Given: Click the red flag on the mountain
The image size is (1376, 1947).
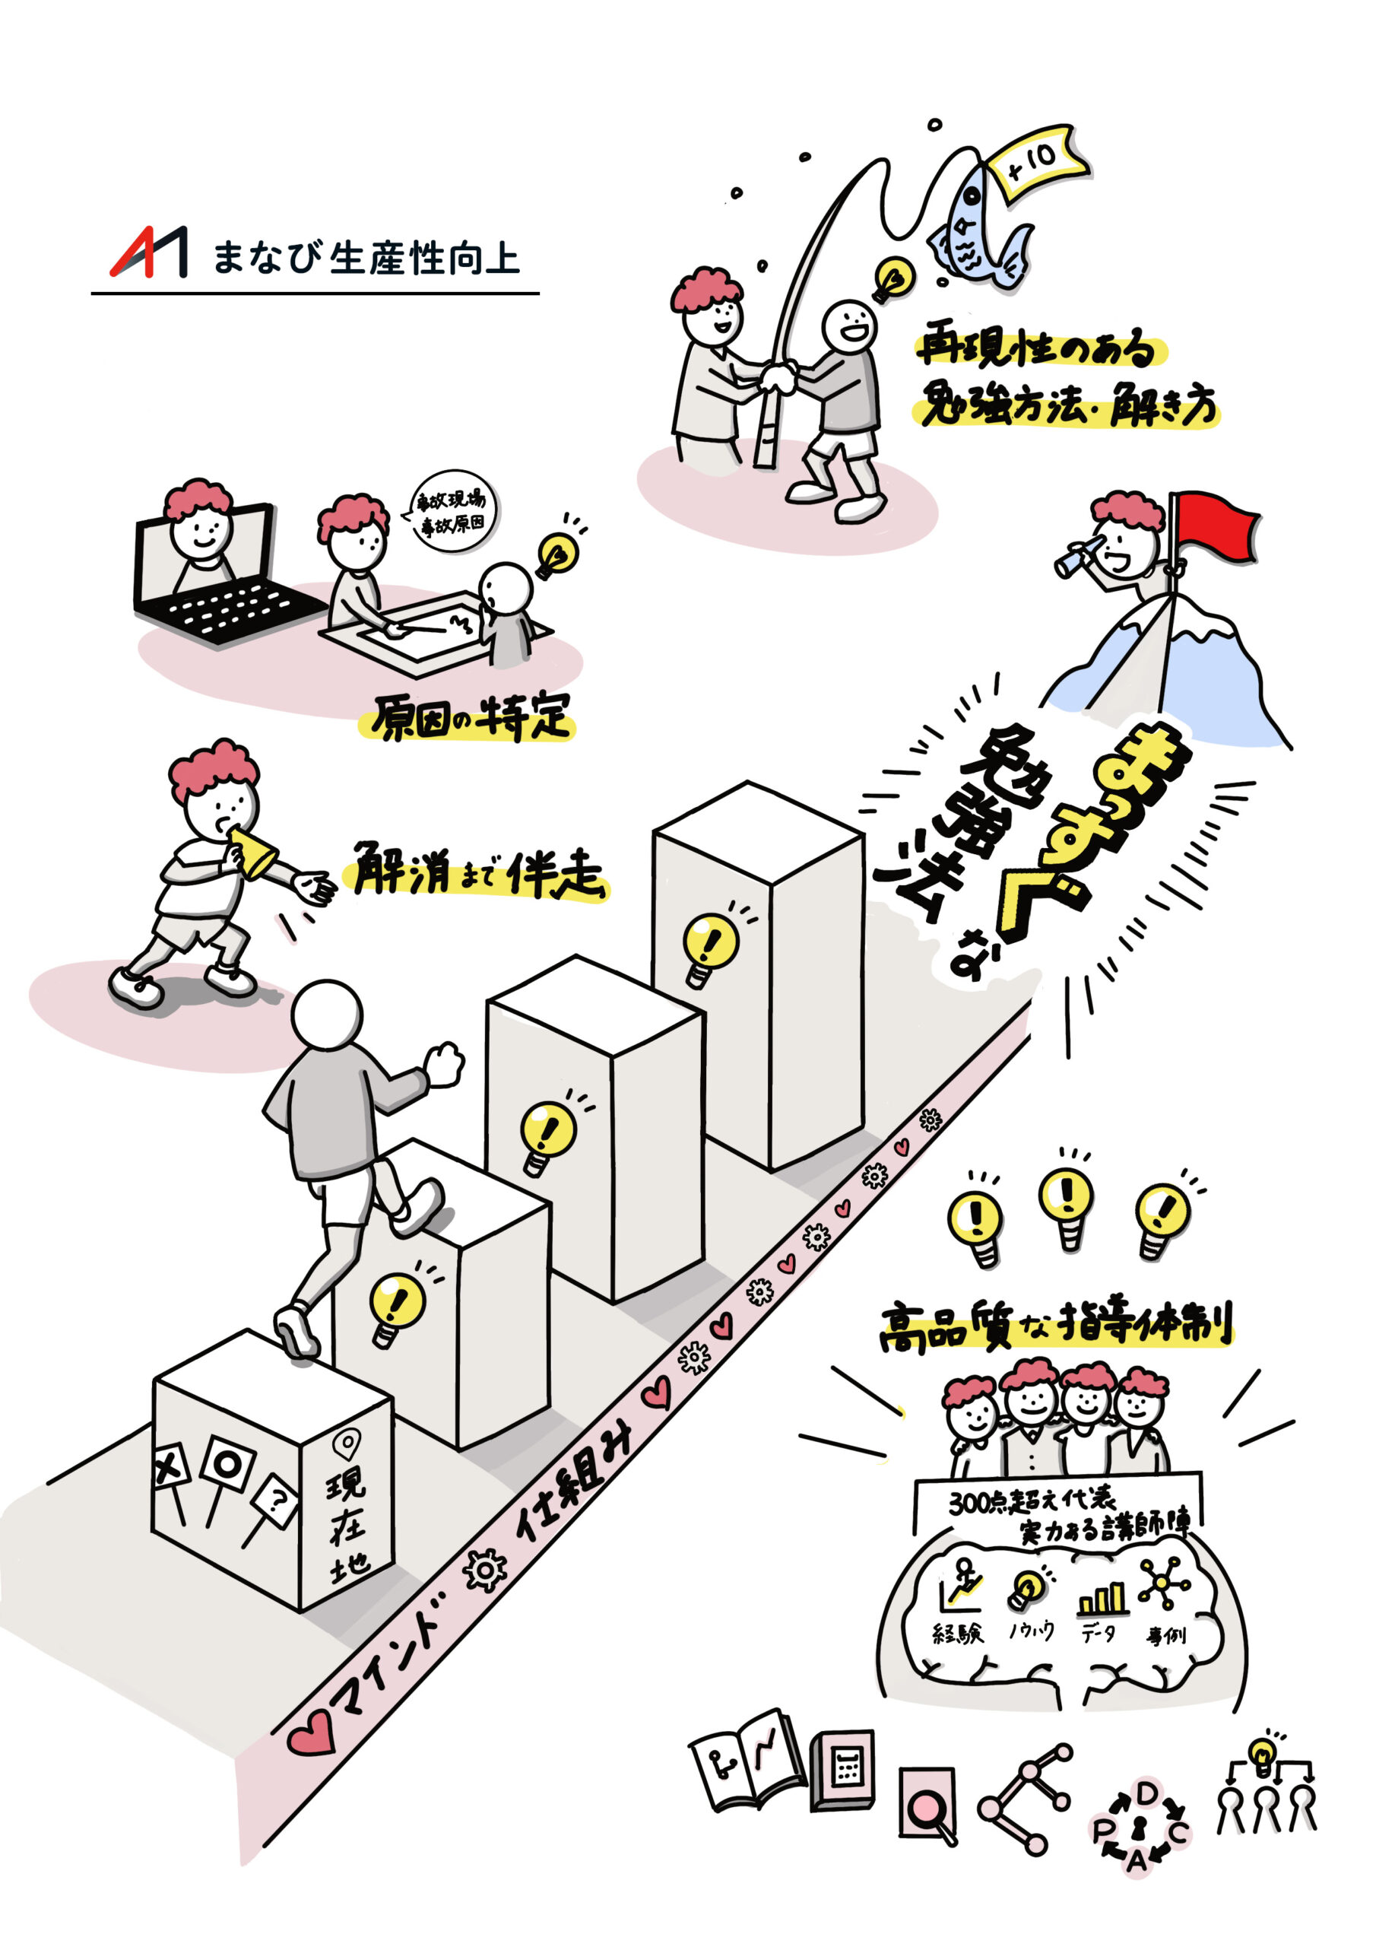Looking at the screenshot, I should tap(1214, 526).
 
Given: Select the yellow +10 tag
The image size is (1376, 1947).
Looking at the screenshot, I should tap(1036, 161).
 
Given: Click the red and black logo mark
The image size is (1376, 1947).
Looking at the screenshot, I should tap(149, 252).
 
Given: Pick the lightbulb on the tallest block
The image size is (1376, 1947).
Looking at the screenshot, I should tap(711, 945).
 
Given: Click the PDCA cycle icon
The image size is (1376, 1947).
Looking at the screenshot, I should tap(1140, 1823).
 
